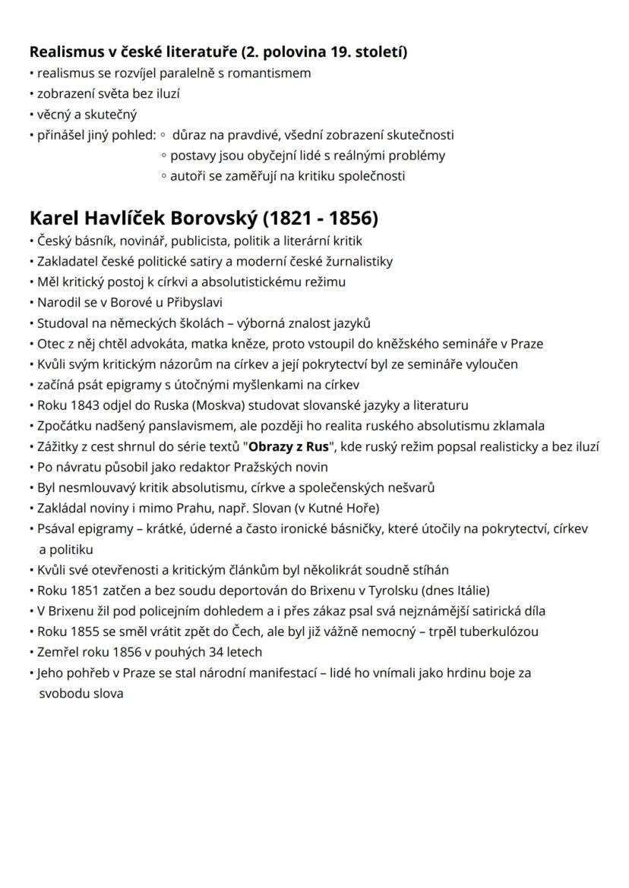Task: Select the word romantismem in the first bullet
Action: [273, 74]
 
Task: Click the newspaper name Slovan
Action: [273, 507]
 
